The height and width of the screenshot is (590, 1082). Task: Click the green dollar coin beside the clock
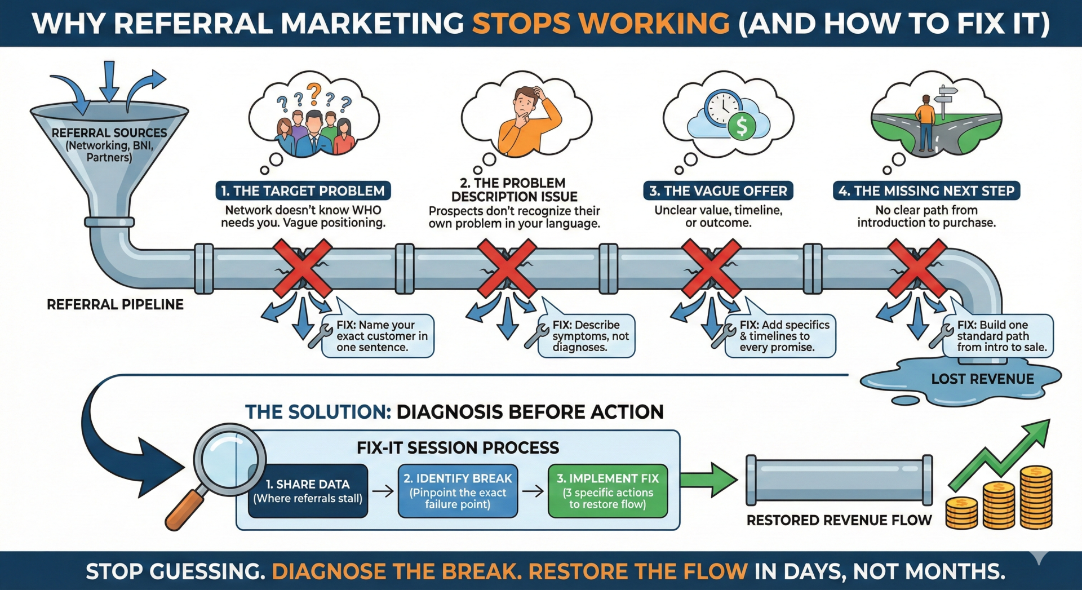click(x=742, y=126)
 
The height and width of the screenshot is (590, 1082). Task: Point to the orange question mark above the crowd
click(x=314, y=92)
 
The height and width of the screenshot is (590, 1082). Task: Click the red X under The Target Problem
click(x=303, y=268)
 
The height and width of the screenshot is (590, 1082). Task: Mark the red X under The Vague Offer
click(x=711, y=268)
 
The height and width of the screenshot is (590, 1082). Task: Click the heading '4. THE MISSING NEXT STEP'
click(x=926, y=191)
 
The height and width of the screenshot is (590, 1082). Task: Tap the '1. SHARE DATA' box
click(x=308, y=491)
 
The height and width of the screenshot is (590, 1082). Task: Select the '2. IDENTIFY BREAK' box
click(x=458, y=491)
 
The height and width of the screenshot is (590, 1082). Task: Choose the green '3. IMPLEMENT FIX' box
click(x=607, y=491)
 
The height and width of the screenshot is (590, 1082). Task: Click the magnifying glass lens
click(x=229, y=459)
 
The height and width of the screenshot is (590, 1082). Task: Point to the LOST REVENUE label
click(x=982, y=379)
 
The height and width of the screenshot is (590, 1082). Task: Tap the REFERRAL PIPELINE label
click(x=115, y=305)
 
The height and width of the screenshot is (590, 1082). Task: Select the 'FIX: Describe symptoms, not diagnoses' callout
click(x=586, y=336)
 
